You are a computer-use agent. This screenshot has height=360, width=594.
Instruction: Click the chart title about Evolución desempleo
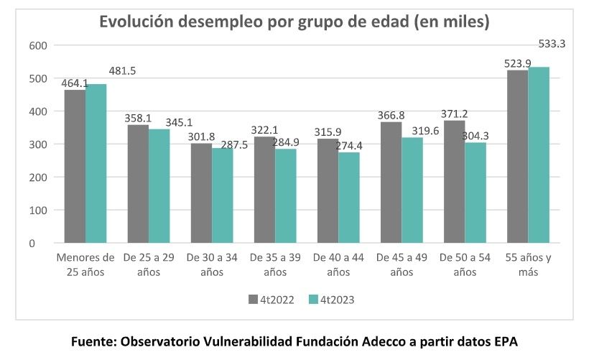pos(294,22)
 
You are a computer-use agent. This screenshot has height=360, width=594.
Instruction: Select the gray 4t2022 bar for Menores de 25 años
pos(75,167)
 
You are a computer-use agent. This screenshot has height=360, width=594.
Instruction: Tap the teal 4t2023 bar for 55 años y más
pos(539,155)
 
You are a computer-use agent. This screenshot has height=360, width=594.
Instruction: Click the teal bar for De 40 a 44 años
pos(349,198)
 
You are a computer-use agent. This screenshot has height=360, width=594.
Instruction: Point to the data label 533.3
pos(552,44)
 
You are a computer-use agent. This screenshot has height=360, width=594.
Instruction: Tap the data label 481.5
pos(122,71)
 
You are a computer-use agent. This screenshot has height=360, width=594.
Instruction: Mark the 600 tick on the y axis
pos(37,46)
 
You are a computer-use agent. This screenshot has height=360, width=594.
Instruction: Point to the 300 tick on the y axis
pos(37,144)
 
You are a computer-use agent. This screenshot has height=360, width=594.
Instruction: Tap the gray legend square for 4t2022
pos(253,300)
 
